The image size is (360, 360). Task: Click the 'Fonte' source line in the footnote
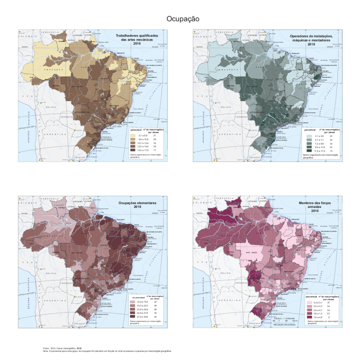[58, 348]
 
